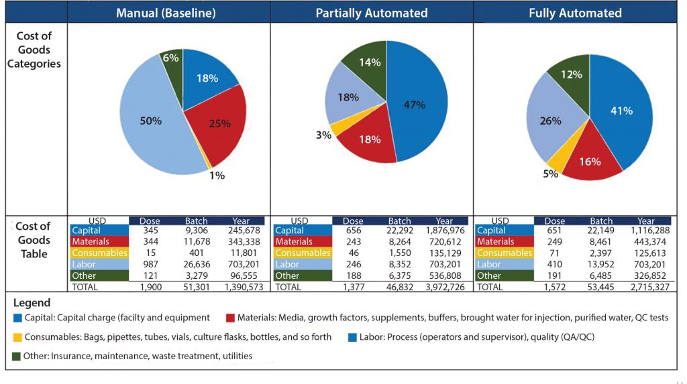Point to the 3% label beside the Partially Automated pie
click(323, 135)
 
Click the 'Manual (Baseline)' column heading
click(168, 13)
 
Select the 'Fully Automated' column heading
click(574, 13)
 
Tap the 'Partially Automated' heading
click(371, 13)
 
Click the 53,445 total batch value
click(601, 287)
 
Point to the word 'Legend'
click(32, 303)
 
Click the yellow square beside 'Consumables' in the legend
click(17, 337)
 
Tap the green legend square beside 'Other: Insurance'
click(17, 356)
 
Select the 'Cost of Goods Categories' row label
click(34, 50)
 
